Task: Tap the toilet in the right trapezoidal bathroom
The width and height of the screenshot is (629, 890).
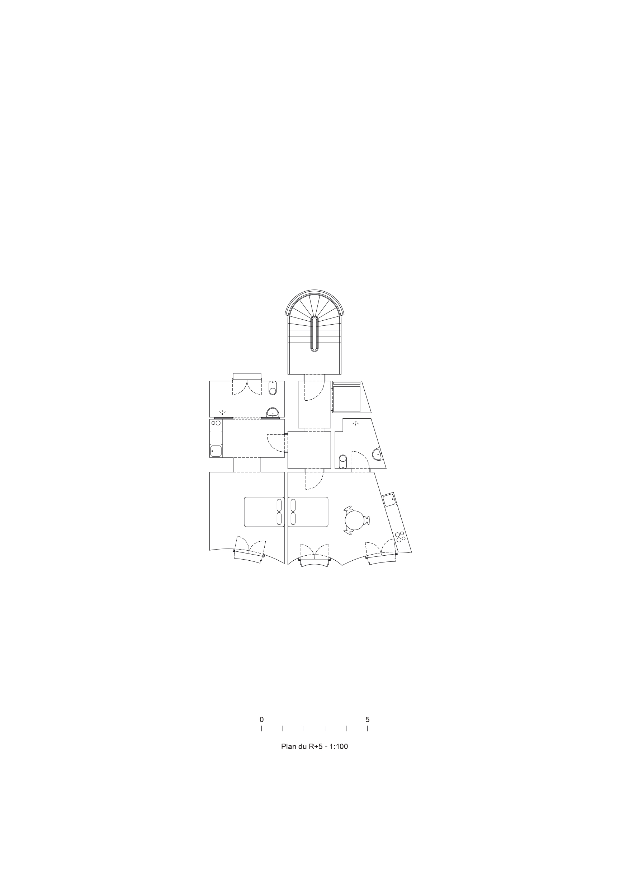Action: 342,461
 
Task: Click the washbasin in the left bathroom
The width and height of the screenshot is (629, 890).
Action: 273,413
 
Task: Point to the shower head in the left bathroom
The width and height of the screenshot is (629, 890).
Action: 222,413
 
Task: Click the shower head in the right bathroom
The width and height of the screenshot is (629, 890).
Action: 355,423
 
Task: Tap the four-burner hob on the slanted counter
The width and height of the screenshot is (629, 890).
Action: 400,537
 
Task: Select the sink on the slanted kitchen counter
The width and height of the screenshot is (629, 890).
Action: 389,500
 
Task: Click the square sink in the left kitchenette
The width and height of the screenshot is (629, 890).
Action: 216,451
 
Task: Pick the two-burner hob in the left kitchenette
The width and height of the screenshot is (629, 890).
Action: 216,423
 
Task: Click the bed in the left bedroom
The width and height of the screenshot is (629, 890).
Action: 264,512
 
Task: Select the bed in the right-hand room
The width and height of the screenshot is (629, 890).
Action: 308,512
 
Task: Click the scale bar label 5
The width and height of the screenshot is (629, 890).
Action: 368,720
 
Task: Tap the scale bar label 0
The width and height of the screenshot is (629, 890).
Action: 261,720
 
